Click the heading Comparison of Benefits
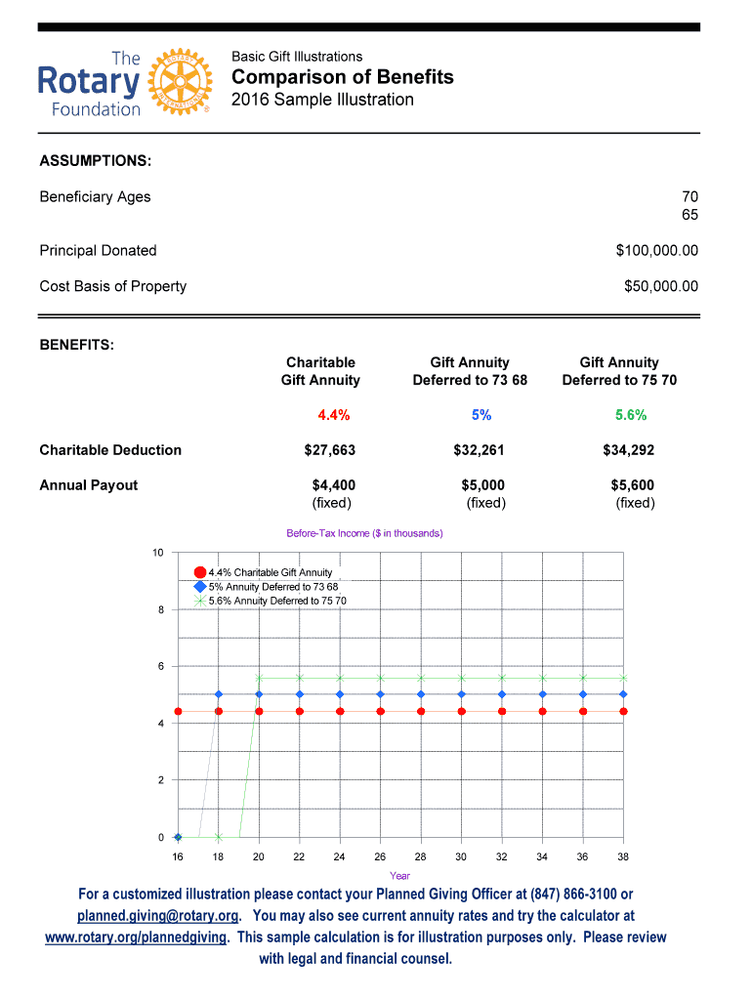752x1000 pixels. [x=342, y=77]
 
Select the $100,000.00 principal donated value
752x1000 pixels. [x=656, y=251]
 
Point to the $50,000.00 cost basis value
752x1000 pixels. [x=660, y=286]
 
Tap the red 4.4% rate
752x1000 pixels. [x=334, y=415]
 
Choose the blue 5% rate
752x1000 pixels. [x=481, y=415]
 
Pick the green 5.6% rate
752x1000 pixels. [x=631, y=415]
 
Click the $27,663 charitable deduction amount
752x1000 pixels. [x=330, y=450]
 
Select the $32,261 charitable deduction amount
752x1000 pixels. [x=480, y=450]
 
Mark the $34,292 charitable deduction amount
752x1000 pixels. [x=629, y=450]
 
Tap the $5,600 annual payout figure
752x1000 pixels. [x=632, y=485]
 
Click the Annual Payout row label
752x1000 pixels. [x=89, y=485]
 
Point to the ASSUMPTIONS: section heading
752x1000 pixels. [x=95, y=160]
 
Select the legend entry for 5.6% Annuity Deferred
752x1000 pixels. [x=276, y=601]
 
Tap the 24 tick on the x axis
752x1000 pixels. [x=340, y=855]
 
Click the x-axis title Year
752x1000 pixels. [x=399, y=875]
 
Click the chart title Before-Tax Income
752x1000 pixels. [x=364, y=533]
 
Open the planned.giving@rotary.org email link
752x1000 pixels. [x=158, y=916]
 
